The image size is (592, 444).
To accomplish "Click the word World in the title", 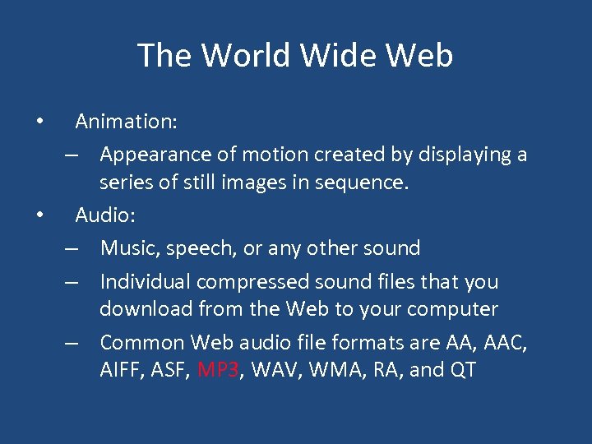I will pyautogui.click(x=246, y=55).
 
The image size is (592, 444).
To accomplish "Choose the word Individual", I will pyautogui.click(x=146, y=281).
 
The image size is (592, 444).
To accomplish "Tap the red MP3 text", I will pyautogui.click(x=218, y=370).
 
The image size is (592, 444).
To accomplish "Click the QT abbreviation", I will pyautogui.click(x=463, y=370).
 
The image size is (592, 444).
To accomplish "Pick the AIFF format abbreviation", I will pyautogui.click(x=120, y=370).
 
